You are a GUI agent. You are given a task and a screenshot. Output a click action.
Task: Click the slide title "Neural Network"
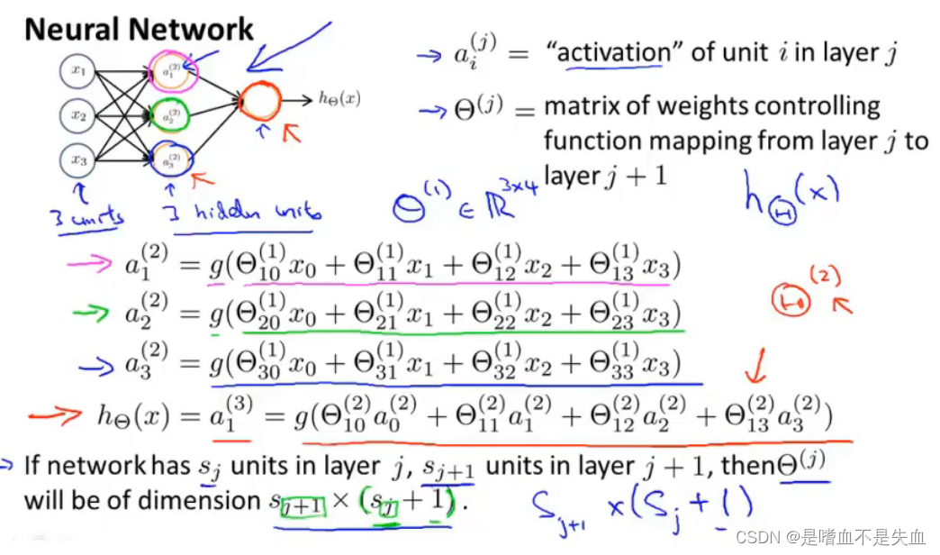pyautogui.click(x=139, y=29)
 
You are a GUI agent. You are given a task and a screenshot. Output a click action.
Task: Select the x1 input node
pyautogui.click(x=79, y=70)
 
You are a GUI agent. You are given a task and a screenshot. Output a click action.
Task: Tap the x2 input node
pyautogui.click(x=79, y=115)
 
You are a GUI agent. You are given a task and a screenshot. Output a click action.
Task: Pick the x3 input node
pyautogui.click(x=79, y=159)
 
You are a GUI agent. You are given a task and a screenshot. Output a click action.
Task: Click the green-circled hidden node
pyautogui.click(x=170, y=115)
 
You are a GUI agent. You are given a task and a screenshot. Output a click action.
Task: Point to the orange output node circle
pyautogui.click(x=260, y=101)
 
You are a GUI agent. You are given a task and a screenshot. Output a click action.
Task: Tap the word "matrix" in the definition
pyautogui.click(x=583, y=106)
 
